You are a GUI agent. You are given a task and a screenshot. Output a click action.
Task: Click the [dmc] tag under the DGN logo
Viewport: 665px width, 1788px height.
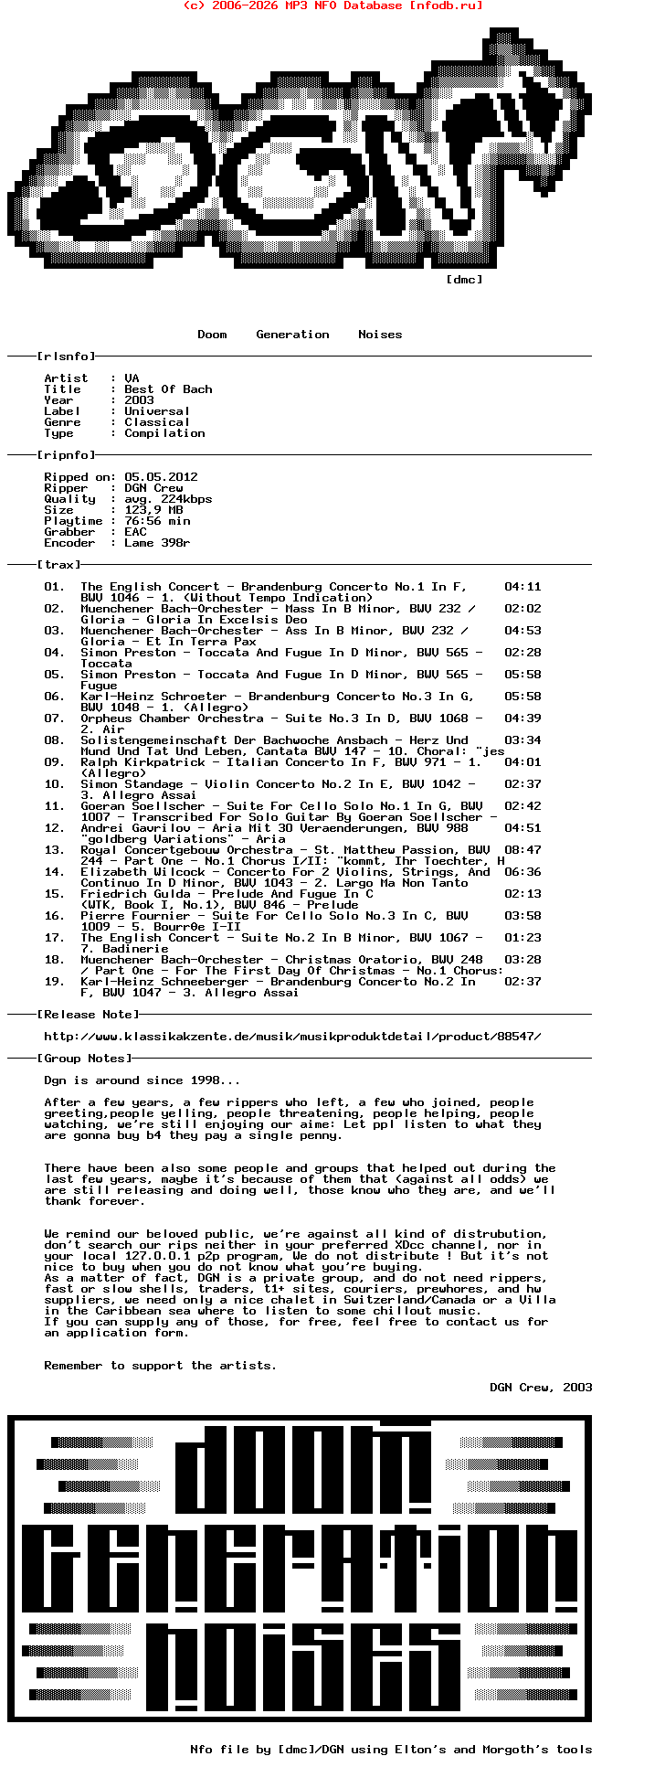click(464, 280)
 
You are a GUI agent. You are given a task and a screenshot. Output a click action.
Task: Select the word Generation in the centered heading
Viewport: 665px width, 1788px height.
click(292, 335)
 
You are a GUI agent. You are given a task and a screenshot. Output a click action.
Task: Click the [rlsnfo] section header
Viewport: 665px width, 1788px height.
click(66, 357)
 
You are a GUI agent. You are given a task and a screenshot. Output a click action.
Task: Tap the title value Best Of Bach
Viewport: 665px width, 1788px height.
click(168, 389)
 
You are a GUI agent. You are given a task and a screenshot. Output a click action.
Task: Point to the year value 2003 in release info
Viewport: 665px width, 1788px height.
click(139, 400)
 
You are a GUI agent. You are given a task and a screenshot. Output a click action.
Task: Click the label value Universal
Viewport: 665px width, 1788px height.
click(157, 411)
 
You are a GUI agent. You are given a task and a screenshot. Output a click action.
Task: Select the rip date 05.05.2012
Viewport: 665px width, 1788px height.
click(161, 477)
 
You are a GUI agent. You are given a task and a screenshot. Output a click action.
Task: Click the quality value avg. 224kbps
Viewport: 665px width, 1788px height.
click(168, 499)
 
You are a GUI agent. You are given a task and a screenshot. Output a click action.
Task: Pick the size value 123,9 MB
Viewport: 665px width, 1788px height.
click(153, 510)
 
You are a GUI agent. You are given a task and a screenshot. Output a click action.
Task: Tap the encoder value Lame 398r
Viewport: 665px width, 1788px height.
click(157, 543)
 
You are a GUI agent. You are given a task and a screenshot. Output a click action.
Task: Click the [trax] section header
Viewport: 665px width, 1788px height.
click(58, 565)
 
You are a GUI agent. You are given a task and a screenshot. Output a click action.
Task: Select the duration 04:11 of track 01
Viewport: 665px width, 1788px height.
click(522, 587)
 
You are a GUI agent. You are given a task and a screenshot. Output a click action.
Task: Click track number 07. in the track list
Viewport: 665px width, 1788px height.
click(55, 718)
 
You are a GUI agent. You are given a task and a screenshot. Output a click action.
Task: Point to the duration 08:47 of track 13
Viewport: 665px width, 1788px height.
click(522, 850)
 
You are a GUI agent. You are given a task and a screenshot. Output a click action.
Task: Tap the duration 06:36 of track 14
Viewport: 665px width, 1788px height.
click(522, 872)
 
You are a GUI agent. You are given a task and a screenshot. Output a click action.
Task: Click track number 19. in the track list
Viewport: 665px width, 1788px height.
click(55, 982)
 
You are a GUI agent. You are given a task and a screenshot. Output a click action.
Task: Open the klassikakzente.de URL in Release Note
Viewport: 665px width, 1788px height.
click(292, 1037)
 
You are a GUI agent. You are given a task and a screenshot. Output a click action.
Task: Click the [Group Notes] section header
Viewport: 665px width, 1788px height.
click(84, 1059)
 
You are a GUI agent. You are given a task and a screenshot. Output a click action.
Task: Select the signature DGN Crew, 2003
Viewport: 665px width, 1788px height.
click(541, 1388)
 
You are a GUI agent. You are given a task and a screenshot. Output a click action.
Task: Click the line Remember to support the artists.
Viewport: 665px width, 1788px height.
click(160, 1366)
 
